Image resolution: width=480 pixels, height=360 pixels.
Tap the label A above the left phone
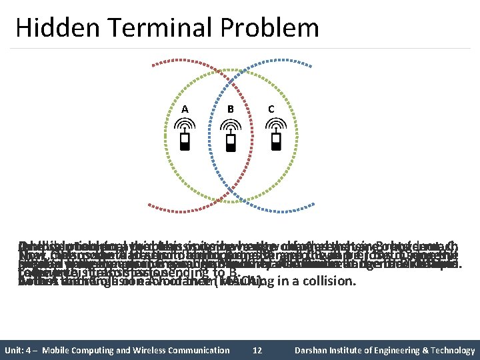[x=185, y=109]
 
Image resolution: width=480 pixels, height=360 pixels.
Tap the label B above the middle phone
[x=230, y=109]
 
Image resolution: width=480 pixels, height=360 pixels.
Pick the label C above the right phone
[x=271, y=109]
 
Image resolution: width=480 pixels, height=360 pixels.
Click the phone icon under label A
[x=185, y=142]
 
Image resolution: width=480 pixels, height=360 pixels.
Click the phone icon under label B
[x=230, y=142]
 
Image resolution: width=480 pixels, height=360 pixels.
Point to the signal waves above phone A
[x=185, y=126]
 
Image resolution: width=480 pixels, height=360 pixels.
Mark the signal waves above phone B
[x=230, y=126]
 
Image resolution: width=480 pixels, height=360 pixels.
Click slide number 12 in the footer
[x=257, y=350]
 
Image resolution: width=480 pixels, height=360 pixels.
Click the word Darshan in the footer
[x=316, y=350]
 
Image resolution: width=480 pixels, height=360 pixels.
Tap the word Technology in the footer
[x=451, y=350]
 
